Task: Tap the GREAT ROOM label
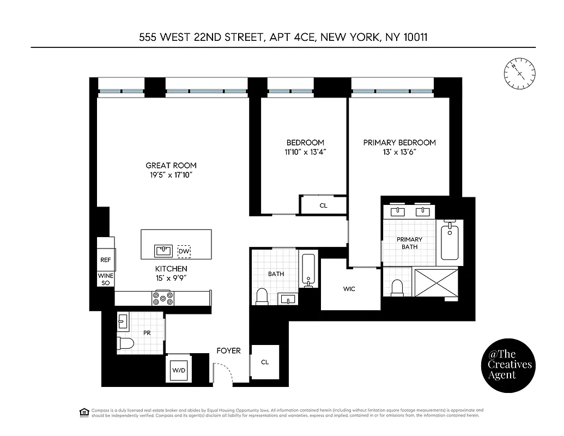click(x=171, y=165)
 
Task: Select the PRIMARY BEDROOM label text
click(x=399, y=142)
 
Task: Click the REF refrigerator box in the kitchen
click(x=106, y=260)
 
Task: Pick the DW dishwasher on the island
click(x=184, y=252)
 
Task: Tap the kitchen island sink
click(x=163, y=251)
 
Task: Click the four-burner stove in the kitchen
click(x=163, y=298)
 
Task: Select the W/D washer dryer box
click(x=178, y=371)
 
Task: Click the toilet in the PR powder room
click(x=126, y=343)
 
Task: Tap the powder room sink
click(x=123, y=322)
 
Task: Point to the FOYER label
click(x=228, y=350)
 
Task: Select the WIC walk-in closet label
click(x=349, y=289)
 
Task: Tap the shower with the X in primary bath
click(x=437, y=282)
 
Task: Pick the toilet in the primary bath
click(x=397, y=287)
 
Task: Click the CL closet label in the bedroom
click(x=323, y=205)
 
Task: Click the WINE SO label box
click(x=106, y=280)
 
